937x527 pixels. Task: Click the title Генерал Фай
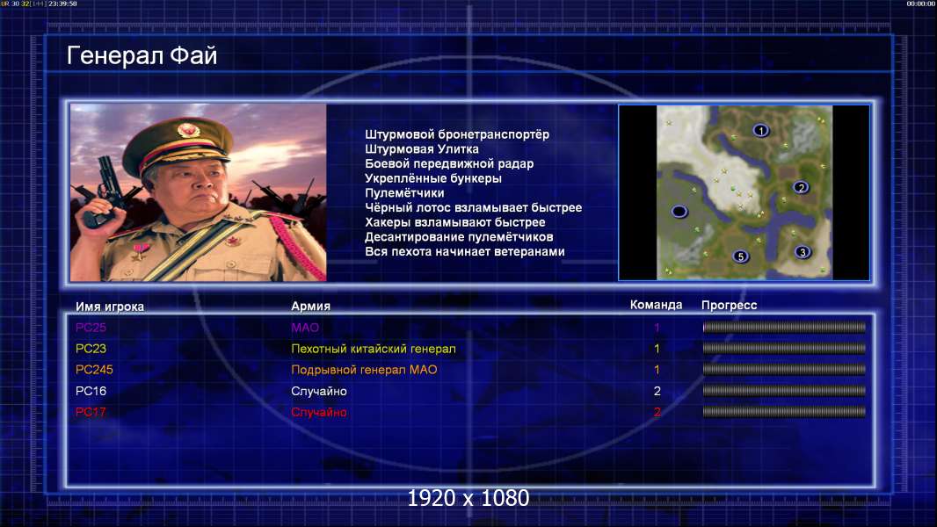[x=142, y=55]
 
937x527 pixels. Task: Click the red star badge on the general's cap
[x=187, y=129]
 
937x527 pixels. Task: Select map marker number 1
[x=760, y=130]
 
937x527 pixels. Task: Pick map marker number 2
[x=801, y=187]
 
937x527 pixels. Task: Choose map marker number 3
[x=803, y=252]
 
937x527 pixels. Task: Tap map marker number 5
[x=740, y=256]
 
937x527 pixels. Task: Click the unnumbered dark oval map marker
[x=679, y=212]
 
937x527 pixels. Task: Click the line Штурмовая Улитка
[x=422, y=149]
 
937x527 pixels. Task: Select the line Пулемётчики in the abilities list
[x=404, y=192]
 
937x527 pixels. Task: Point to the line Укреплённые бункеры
[x=433, y=178]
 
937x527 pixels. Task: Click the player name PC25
[x=91, y=328]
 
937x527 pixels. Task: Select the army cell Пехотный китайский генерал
[x=374, y=349]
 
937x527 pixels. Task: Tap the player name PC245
[x=94, y=370]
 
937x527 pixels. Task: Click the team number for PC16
[x=657, y=391]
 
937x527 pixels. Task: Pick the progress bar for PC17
[x=784, y=412]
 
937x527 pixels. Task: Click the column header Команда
[x=656, y=305]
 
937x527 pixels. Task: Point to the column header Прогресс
[x=729, y=306]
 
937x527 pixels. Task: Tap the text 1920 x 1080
[x=468, y=498]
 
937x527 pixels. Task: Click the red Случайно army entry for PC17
[x=319, y=413]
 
